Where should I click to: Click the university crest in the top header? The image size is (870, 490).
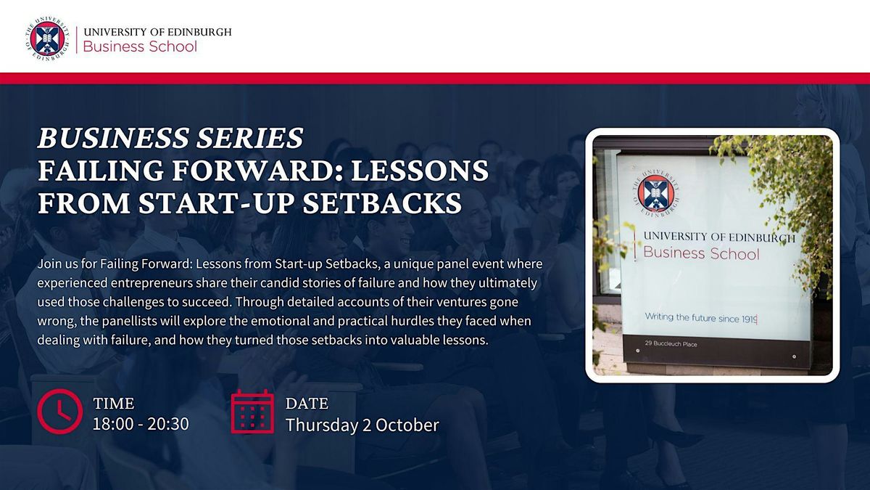[47, 38]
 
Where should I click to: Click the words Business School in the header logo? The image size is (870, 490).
[140, 46]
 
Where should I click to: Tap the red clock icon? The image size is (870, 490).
[59, 412]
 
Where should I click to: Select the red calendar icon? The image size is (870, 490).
[252, 412]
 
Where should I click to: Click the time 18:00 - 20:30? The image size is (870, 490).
[141, 424]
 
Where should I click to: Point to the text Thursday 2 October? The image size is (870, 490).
[362, 425]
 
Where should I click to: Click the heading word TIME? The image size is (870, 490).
[114, 404]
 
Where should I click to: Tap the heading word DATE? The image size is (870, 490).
[307, 404]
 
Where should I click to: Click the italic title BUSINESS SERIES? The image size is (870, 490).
[170, 138]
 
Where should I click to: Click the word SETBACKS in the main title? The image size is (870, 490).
[382, 203]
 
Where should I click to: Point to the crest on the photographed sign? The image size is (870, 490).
[655, 192]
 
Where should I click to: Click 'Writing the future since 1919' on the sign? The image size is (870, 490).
[701, 318]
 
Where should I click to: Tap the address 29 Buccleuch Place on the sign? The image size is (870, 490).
[671, 344]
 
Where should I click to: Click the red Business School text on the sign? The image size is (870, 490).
[701, 253]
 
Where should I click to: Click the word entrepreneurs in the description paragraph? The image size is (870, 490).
[152, 283]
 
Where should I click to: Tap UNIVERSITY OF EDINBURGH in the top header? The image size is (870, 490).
[157, 32]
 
